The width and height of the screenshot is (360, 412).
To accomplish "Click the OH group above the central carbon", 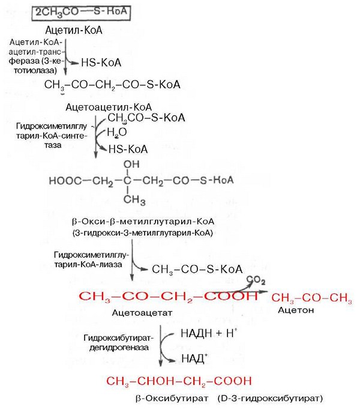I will click(130, 163).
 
